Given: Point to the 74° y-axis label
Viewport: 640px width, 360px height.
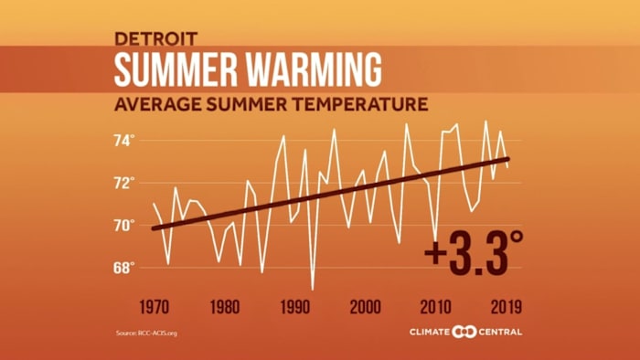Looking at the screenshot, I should click(124, 140).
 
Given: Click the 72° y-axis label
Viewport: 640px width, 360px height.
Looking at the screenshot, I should click(124, 182).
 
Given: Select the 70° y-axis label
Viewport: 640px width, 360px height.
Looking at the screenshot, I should click(124, 225).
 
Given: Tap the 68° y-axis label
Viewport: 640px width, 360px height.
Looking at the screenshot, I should click(124, 268).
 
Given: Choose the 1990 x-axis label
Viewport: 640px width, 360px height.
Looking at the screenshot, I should click(294, 306).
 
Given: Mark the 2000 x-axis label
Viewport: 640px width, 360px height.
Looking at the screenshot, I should click(365, 306).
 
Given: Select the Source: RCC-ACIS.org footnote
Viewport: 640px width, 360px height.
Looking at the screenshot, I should click(146, 333).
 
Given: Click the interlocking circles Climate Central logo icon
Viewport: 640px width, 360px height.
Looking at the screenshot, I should click(466, 331).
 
